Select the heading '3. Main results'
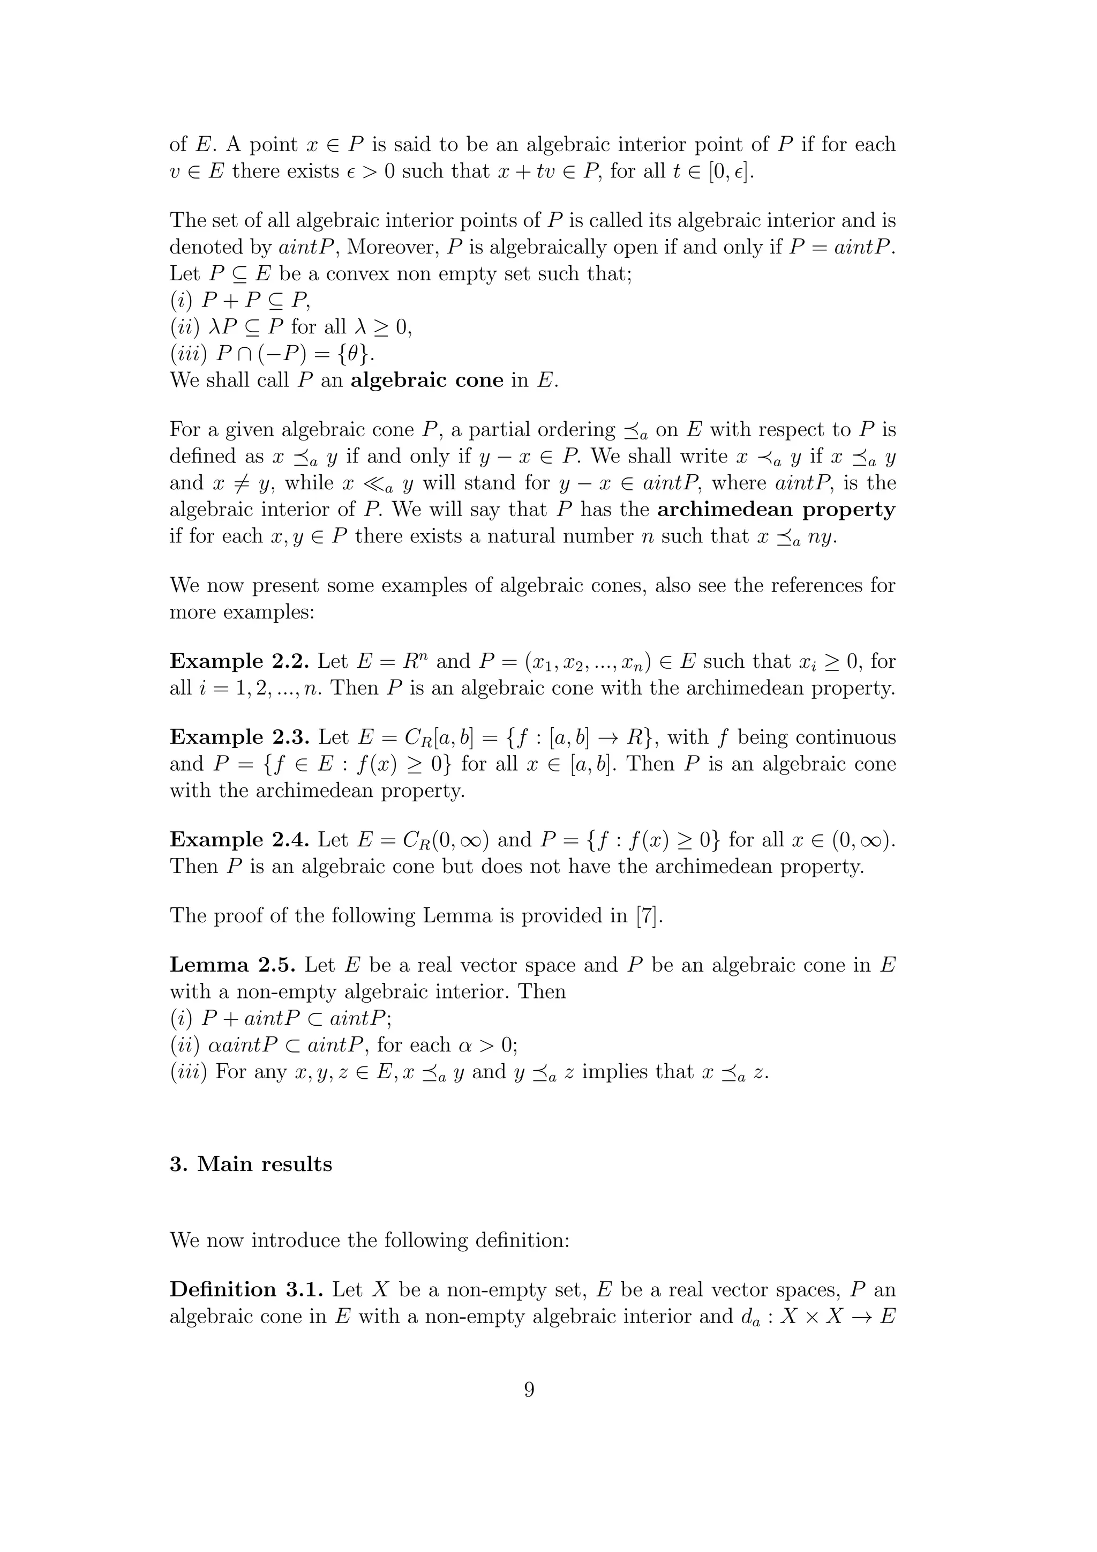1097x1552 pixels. click(x=251, y=1164)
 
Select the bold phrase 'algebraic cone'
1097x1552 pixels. click(x=427, y=380)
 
